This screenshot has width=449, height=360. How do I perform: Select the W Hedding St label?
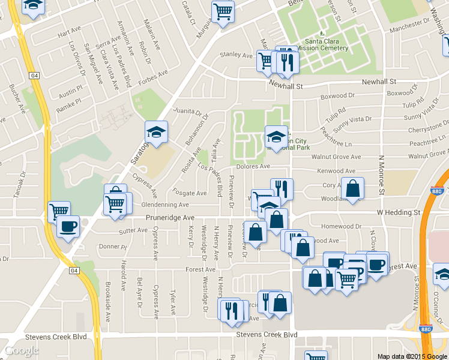[399, 212]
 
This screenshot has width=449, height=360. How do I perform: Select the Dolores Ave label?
[253, 166]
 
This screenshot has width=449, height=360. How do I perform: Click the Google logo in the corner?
[22, 350]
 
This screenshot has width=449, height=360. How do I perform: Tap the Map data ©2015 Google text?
[412, 356]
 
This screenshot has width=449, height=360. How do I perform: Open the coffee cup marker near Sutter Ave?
[67, 227]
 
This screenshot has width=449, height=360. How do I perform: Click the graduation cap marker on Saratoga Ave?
[156, 133]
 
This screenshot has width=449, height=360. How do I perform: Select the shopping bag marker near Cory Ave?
[352, 187]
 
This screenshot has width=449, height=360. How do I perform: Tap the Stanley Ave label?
[236, 55]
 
